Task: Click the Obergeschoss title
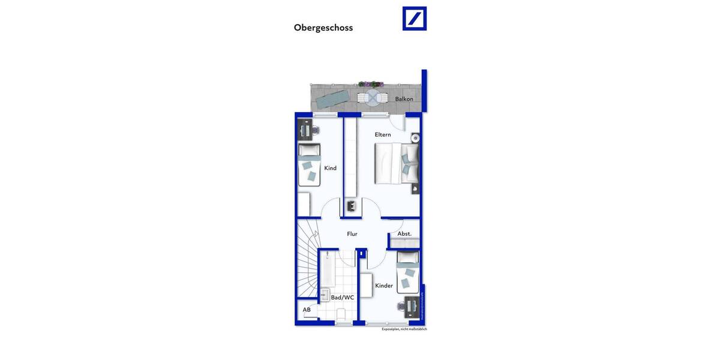(x=323, y=28)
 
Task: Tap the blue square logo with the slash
(x=414, y=19)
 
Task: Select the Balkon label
(x=404, y=99)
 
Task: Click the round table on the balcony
(x=373, y=97)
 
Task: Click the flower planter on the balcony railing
(x=371, y=85)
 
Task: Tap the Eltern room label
(x=383, y=134)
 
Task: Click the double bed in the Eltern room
(x=396, y=163)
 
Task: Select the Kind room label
(x=330, y=168)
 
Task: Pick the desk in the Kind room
(x=305, y=129)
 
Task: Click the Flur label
(x=352, y=234)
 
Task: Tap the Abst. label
(x=404, y=233)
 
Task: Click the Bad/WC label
(x=343, y=297)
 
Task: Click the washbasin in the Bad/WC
(x=325, y=295)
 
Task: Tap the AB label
(x=307, y=310)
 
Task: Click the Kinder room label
(x=384, y=286)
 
